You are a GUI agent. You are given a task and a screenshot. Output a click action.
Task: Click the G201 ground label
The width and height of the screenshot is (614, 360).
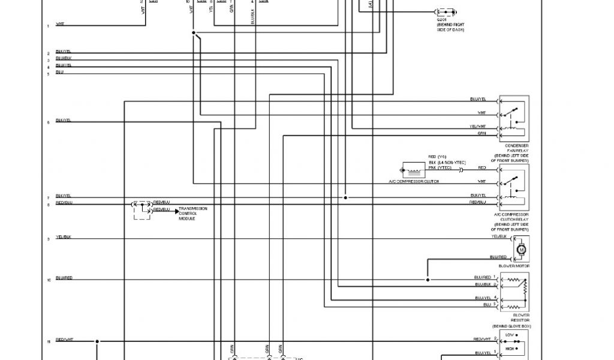click(442, 19)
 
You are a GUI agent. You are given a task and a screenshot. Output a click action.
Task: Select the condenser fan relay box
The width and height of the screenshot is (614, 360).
click(514, 118)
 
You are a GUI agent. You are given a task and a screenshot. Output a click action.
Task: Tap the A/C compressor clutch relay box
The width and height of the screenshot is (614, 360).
click(514, 187)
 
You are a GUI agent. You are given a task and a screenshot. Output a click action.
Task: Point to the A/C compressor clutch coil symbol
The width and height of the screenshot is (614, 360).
click(412, 170)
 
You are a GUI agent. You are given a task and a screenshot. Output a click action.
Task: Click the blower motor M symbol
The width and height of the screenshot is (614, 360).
click(521, 248)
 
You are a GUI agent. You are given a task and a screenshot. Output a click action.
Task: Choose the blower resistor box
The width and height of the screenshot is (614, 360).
click(514, 292)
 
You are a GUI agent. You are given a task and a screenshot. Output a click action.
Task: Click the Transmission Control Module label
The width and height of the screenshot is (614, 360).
click(193, 213)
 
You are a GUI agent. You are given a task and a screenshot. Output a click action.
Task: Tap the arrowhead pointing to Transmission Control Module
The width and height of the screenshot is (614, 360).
click(177, 211)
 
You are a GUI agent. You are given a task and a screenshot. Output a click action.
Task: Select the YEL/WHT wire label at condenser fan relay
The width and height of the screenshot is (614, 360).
click(478, 127)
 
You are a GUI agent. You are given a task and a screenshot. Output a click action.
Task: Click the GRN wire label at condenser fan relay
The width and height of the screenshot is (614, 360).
click(481, 133)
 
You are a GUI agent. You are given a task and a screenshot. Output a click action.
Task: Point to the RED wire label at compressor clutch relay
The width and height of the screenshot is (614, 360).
click(482, 168)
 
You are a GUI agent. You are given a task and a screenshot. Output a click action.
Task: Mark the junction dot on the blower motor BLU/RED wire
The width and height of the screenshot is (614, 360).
click(428, 280)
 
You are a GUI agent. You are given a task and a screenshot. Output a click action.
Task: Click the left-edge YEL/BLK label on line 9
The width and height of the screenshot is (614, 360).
click(64, 237)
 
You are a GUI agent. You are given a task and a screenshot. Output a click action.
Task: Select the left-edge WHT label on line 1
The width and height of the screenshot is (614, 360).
click(61, 24)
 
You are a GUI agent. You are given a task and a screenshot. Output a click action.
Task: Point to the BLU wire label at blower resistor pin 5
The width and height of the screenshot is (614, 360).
click(487, 305)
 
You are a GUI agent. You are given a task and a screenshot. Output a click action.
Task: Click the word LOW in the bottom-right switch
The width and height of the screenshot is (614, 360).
click(510, 334)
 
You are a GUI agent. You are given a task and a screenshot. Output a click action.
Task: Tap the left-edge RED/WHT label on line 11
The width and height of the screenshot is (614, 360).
click(64, 340)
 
